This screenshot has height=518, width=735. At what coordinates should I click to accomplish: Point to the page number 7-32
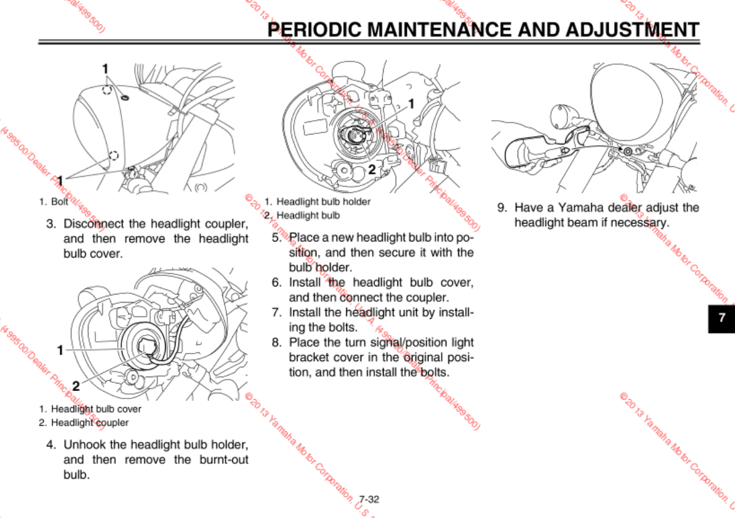(x=369, y=499)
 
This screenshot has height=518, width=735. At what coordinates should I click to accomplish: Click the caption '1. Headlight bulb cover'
(x=90, y=409)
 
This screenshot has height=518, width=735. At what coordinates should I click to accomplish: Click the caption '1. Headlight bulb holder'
(x=317, y=202)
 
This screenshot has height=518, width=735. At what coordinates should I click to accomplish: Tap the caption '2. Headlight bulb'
(x=302, y=215)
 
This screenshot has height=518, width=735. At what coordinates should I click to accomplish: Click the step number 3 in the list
(x=52, y=223)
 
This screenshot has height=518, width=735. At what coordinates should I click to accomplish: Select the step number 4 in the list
(x=52, y=445)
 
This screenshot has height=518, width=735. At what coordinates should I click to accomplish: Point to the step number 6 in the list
(x=277, y=282)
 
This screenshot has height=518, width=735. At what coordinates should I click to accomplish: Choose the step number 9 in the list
(x=501, y=207)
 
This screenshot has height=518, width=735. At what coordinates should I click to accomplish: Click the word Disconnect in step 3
(x=95, y=223)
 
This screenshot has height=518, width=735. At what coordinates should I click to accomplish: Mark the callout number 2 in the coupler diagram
(x=76, y=385)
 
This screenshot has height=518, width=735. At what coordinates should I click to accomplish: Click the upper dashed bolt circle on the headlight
(x=107, y=90)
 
